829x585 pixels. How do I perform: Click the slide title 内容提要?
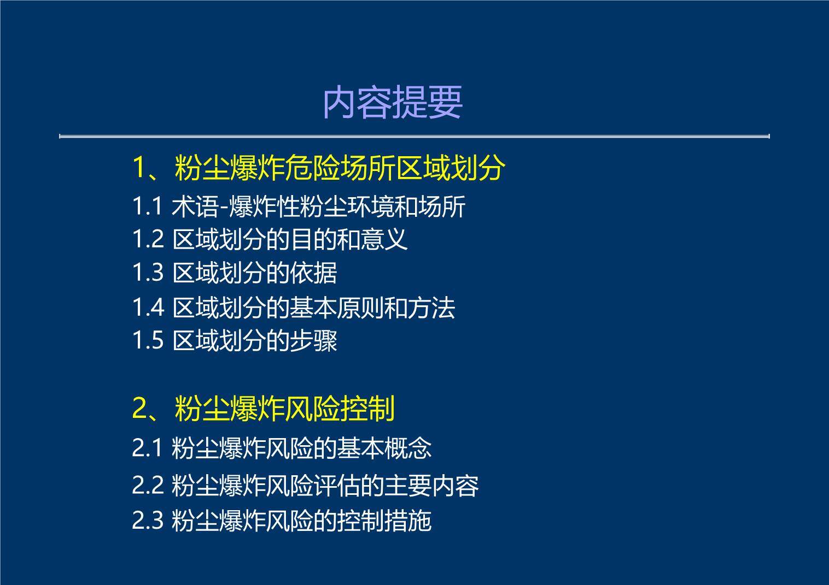393,102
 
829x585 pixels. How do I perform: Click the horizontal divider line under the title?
414,137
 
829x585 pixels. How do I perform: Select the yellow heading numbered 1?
319,168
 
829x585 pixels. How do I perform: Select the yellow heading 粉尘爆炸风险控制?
284,409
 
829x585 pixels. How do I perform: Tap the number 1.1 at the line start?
147,206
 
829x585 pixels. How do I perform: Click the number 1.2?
148,239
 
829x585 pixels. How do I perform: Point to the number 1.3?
148,273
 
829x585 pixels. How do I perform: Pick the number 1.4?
148,308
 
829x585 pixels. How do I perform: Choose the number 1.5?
148,340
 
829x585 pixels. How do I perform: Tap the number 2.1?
147,448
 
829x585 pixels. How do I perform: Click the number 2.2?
148,485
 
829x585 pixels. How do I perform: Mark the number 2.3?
148,521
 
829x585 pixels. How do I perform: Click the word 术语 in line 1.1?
195,206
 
